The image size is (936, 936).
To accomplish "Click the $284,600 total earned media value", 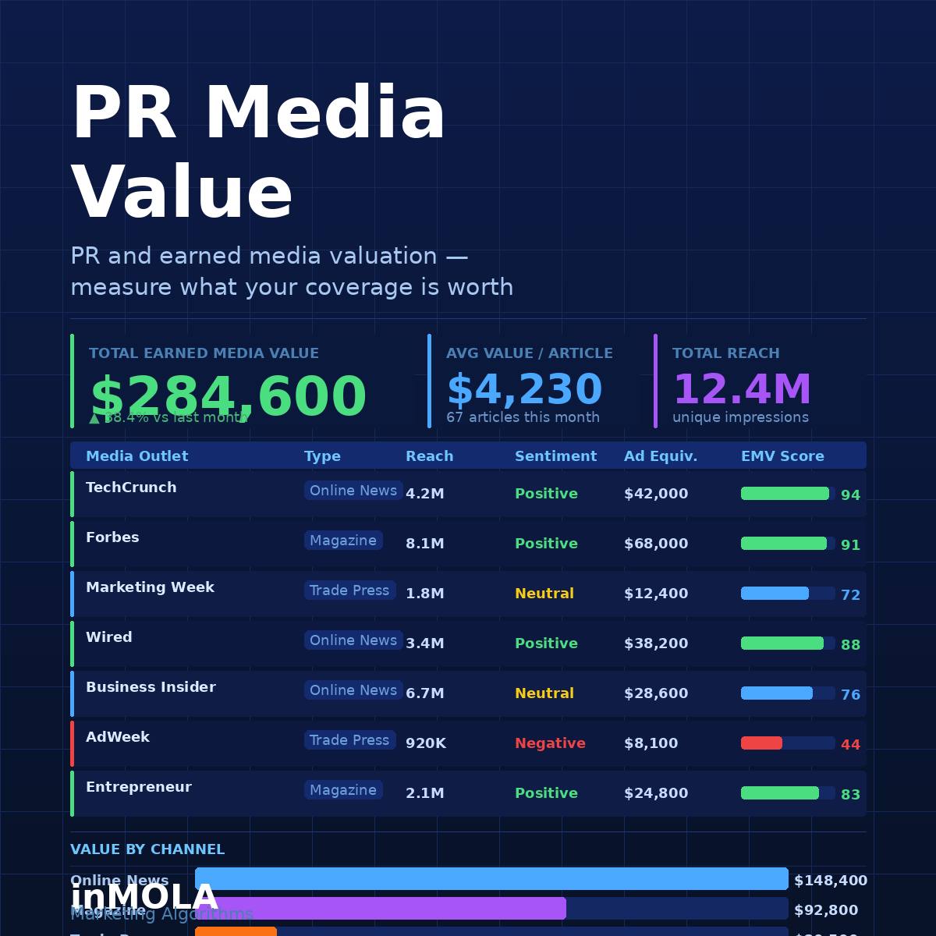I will coord(228,397).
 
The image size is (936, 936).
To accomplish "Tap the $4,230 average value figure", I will coord(524,389).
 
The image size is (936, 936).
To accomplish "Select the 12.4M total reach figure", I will coord(742,389).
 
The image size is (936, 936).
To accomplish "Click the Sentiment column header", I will coord(555,456).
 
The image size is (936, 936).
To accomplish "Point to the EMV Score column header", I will coord(782,456).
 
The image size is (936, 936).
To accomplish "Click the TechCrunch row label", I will coord(131,487).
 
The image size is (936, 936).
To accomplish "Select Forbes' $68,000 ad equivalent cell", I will coord(656,544).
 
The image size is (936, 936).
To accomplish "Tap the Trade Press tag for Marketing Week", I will coord(349,590).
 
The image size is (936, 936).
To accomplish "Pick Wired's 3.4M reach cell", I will coord(425,643).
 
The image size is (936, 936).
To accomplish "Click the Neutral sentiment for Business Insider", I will coord(544,693).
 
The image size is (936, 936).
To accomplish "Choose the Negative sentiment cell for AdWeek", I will coord(550,743).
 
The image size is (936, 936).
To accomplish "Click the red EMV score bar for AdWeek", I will coord(761,743).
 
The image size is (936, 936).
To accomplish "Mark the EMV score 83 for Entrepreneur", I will coord(850,795).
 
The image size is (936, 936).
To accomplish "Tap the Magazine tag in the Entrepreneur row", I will coord(343,790).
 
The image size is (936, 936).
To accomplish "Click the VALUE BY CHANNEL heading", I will coord(147,849).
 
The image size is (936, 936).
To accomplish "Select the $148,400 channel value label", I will coord(831,881).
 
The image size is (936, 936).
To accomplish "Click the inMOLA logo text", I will coord(144,898).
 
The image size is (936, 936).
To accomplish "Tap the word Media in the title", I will coord(325,114).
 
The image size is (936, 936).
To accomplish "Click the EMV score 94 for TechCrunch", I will coord(850,495).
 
